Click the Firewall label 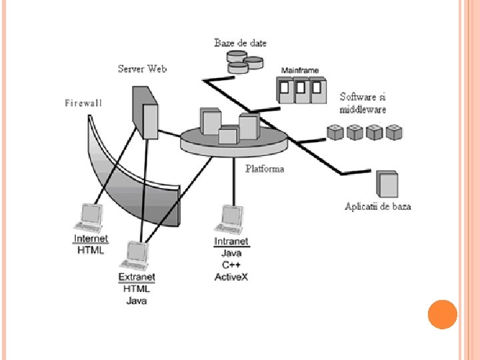tap(83, 103)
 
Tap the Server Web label tap(142, 69)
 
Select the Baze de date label tap(240, 43)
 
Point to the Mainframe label tap(299, 70)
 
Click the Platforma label tap(265, 169)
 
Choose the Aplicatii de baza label tap(377, 206)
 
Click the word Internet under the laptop tap(91, 239)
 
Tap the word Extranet tap(137, 277)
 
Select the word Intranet tap(231, 241)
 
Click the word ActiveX tap(231, 277)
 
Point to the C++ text tap(231, 265)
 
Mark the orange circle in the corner tap(442, 315)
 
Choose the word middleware tap(362, 109)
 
